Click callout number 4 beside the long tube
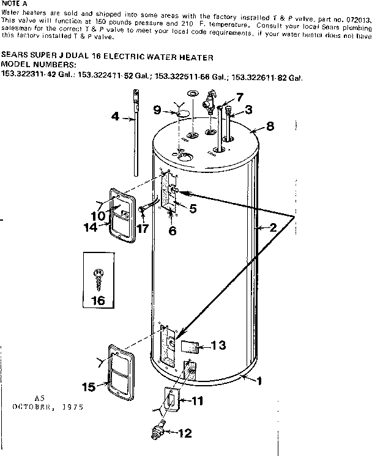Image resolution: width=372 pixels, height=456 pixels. (114, 117)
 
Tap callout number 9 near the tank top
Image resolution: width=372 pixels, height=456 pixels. (157, 111)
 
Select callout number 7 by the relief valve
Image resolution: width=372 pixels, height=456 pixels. (239, 97)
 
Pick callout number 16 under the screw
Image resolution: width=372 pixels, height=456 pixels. (97, 300)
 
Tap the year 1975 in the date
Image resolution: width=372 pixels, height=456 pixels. (71, 406)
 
